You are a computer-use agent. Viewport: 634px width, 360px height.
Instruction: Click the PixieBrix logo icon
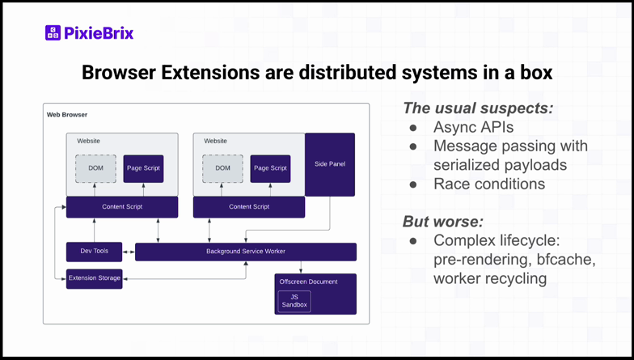(x=53, y=33)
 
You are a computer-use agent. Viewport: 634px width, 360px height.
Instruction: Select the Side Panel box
(x=329, y=164)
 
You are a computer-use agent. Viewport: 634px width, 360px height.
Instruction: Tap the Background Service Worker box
(x=245, y=252)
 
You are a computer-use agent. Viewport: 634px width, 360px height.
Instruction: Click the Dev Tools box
(x=94, y=252)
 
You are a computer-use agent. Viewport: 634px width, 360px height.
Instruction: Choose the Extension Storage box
(x=94, y=278)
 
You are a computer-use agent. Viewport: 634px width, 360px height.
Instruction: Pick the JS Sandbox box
(x=294, y=301)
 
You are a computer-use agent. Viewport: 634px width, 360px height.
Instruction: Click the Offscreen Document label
(x=308, y=282)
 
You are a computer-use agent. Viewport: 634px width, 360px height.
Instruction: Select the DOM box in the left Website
(x=95, y=168)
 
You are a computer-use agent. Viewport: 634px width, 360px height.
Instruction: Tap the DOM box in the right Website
(x=222, y=168)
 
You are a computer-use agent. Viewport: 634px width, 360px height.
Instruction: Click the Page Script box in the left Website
(x=143, y=168)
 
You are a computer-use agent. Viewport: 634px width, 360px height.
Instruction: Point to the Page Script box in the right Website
(x=270, y=168)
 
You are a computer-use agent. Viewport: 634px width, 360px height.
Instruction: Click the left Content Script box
(x=122, y=207)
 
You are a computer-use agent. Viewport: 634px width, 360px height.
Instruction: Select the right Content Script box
(x=249, y=207)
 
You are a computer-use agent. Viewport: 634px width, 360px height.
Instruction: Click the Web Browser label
(x=67, y=115)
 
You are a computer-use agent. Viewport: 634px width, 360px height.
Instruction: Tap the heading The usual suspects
(x=477, y=108)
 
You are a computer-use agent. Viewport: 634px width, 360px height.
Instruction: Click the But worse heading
(x=442, y=221)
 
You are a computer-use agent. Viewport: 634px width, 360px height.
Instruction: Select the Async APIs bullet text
(x=473, y=127)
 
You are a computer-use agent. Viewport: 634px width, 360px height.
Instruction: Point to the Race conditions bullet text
(x=488, y=184)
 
